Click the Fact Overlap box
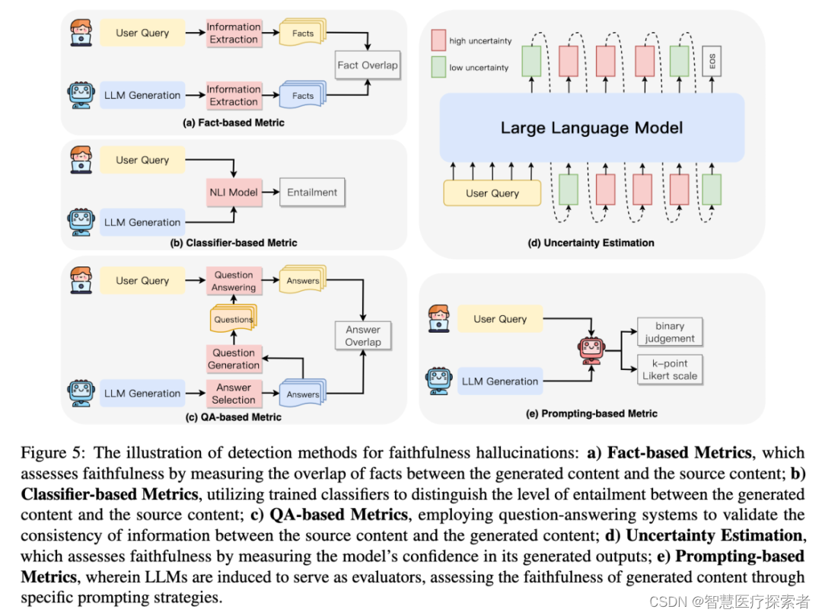(368, 65)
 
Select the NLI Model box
(233, 193)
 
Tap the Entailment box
(312, 193)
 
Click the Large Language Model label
(591, 128)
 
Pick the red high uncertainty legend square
(438, 40)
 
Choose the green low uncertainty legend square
(438, 67)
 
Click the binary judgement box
(670, 332)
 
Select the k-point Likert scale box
(670, 369)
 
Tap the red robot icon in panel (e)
(591, 350)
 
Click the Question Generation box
(234, 359)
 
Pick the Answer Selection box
(234, 394)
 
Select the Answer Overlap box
(363, 336)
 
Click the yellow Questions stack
(233, 319)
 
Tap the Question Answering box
(234, 281)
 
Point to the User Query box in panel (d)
(492, 193)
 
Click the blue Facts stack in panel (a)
(302, 96)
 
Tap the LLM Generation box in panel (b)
(142, 222)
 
